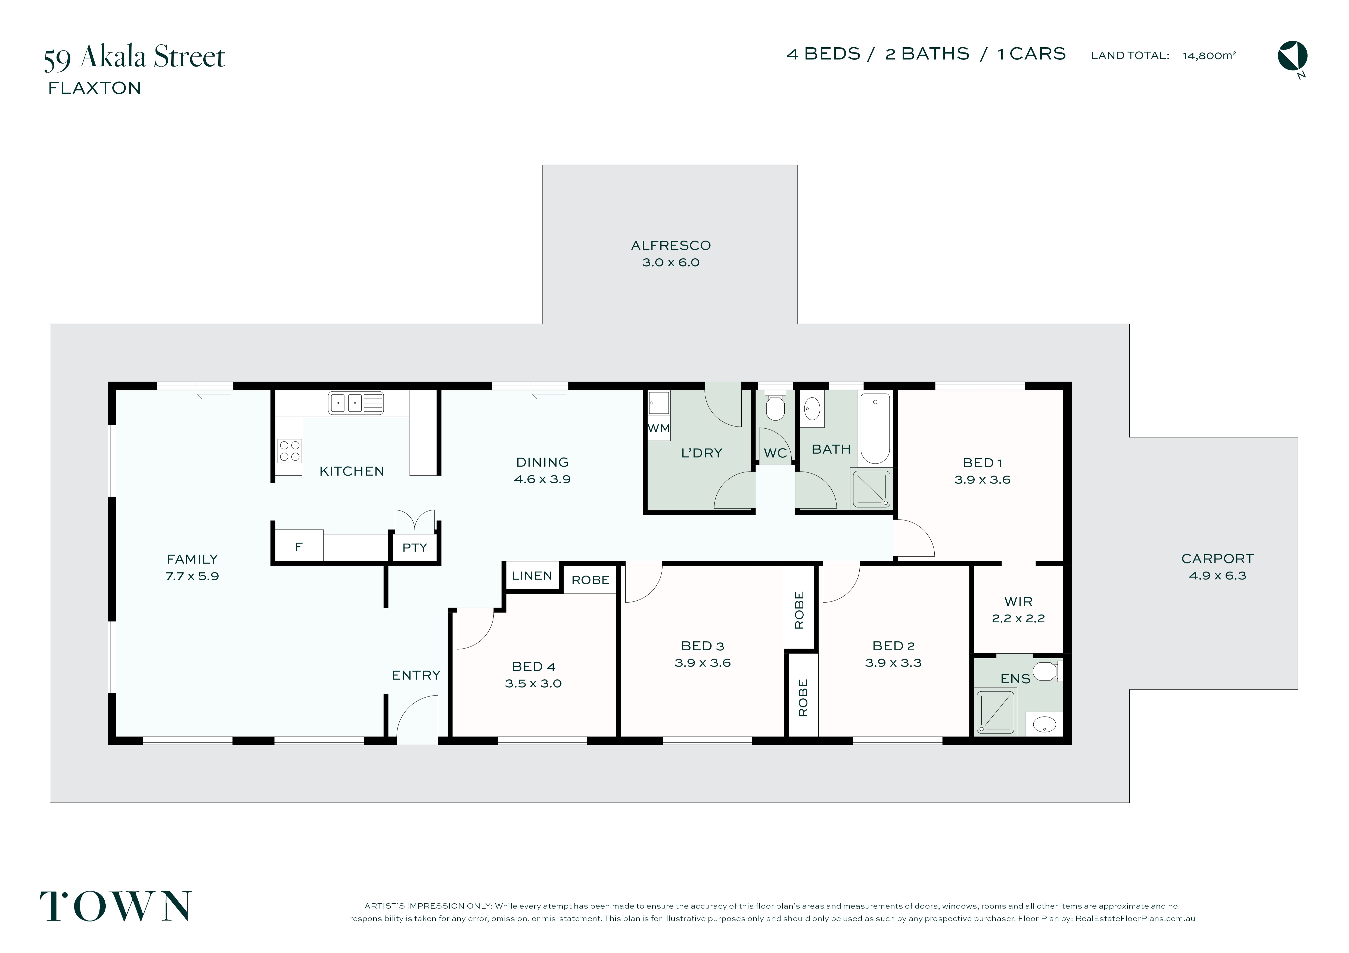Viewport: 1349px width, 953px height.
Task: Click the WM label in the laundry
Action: click(659, 428)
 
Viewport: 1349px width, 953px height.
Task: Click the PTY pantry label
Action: click(415, 548)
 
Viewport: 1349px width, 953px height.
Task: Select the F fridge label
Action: click(299, 547)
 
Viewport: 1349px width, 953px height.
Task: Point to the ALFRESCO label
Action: click(671, 245)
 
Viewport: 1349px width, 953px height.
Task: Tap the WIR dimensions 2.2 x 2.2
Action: click(1018, 618)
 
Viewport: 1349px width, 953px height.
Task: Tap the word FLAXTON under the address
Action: click(95, 88)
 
